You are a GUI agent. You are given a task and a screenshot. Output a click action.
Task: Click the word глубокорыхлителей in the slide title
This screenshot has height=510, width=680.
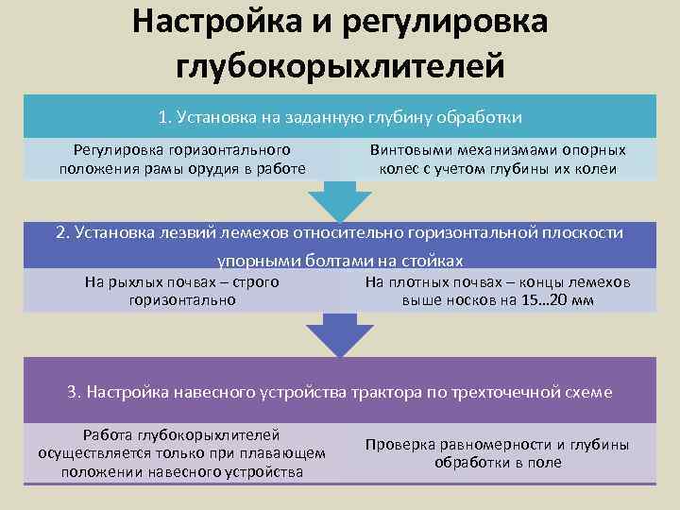click(x=340, y=66)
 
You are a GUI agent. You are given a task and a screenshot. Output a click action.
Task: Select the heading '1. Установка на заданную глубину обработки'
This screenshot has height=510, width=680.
click(x=340, y=117)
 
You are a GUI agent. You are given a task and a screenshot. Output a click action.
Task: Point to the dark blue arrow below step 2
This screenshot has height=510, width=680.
click(x=340, y=334)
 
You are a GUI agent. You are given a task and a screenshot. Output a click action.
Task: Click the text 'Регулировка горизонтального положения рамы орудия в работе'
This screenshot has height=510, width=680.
click(x=182, y=160)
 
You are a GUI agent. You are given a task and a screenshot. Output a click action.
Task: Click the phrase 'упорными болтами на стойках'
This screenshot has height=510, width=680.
click(x=340, y=260)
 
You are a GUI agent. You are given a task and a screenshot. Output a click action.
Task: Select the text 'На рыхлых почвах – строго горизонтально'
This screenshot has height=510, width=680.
click(x=182, y=291)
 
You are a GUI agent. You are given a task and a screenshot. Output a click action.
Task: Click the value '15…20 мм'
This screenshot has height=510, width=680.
click(x=559, y=300)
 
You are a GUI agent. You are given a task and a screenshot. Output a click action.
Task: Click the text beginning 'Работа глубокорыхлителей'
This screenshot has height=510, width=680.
click(x=182, y=453)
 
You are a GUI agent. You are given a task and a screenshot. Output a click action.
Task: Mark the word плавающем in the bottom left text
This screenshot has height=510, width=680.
click(x=290, y=453)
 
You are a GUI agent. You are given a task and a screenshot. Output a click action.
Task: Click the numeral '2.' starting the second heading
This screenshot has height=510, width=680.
click(x=63, y=233)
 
